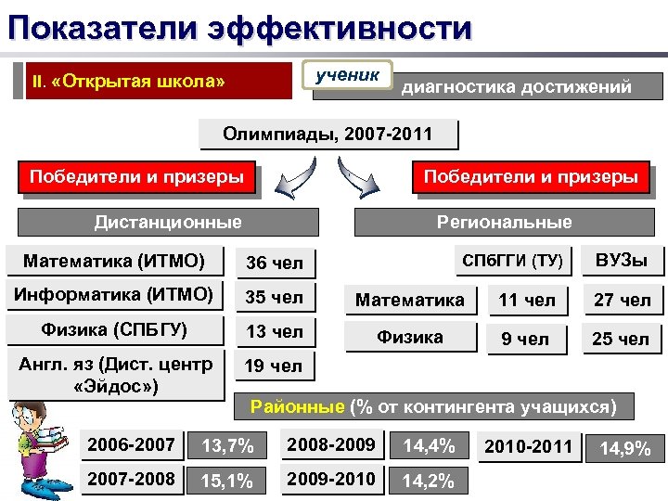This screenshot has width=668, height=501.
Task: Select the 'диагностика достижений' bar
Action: click(516, 87)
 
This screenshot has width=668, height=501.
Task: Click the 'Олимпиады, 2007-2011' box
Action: click(328, 135)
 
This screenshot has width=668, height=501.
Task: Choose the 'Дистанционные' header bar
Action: click(167, 222)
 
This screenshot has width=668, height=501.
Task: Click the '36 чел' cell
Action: click(274, 263)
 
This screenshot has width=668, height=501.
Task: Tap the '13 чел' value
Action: click(274, 332)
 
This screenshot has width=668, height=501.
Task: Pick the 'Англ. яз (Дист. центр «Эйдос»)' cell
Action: click(114, 373)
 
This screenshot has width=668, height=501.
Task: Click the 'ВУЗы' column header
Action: click(622, 261)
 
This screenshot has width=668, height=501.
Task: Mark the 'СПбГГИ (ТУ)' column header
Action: click(512, 261)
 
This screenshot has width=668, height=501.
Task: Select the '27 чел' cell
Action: click(622, 301)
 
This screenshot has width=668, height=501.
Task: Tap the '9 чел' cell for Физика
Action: click(526, 340)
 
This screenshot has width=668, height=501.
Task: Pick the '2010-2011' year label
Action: click(529, 447)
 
